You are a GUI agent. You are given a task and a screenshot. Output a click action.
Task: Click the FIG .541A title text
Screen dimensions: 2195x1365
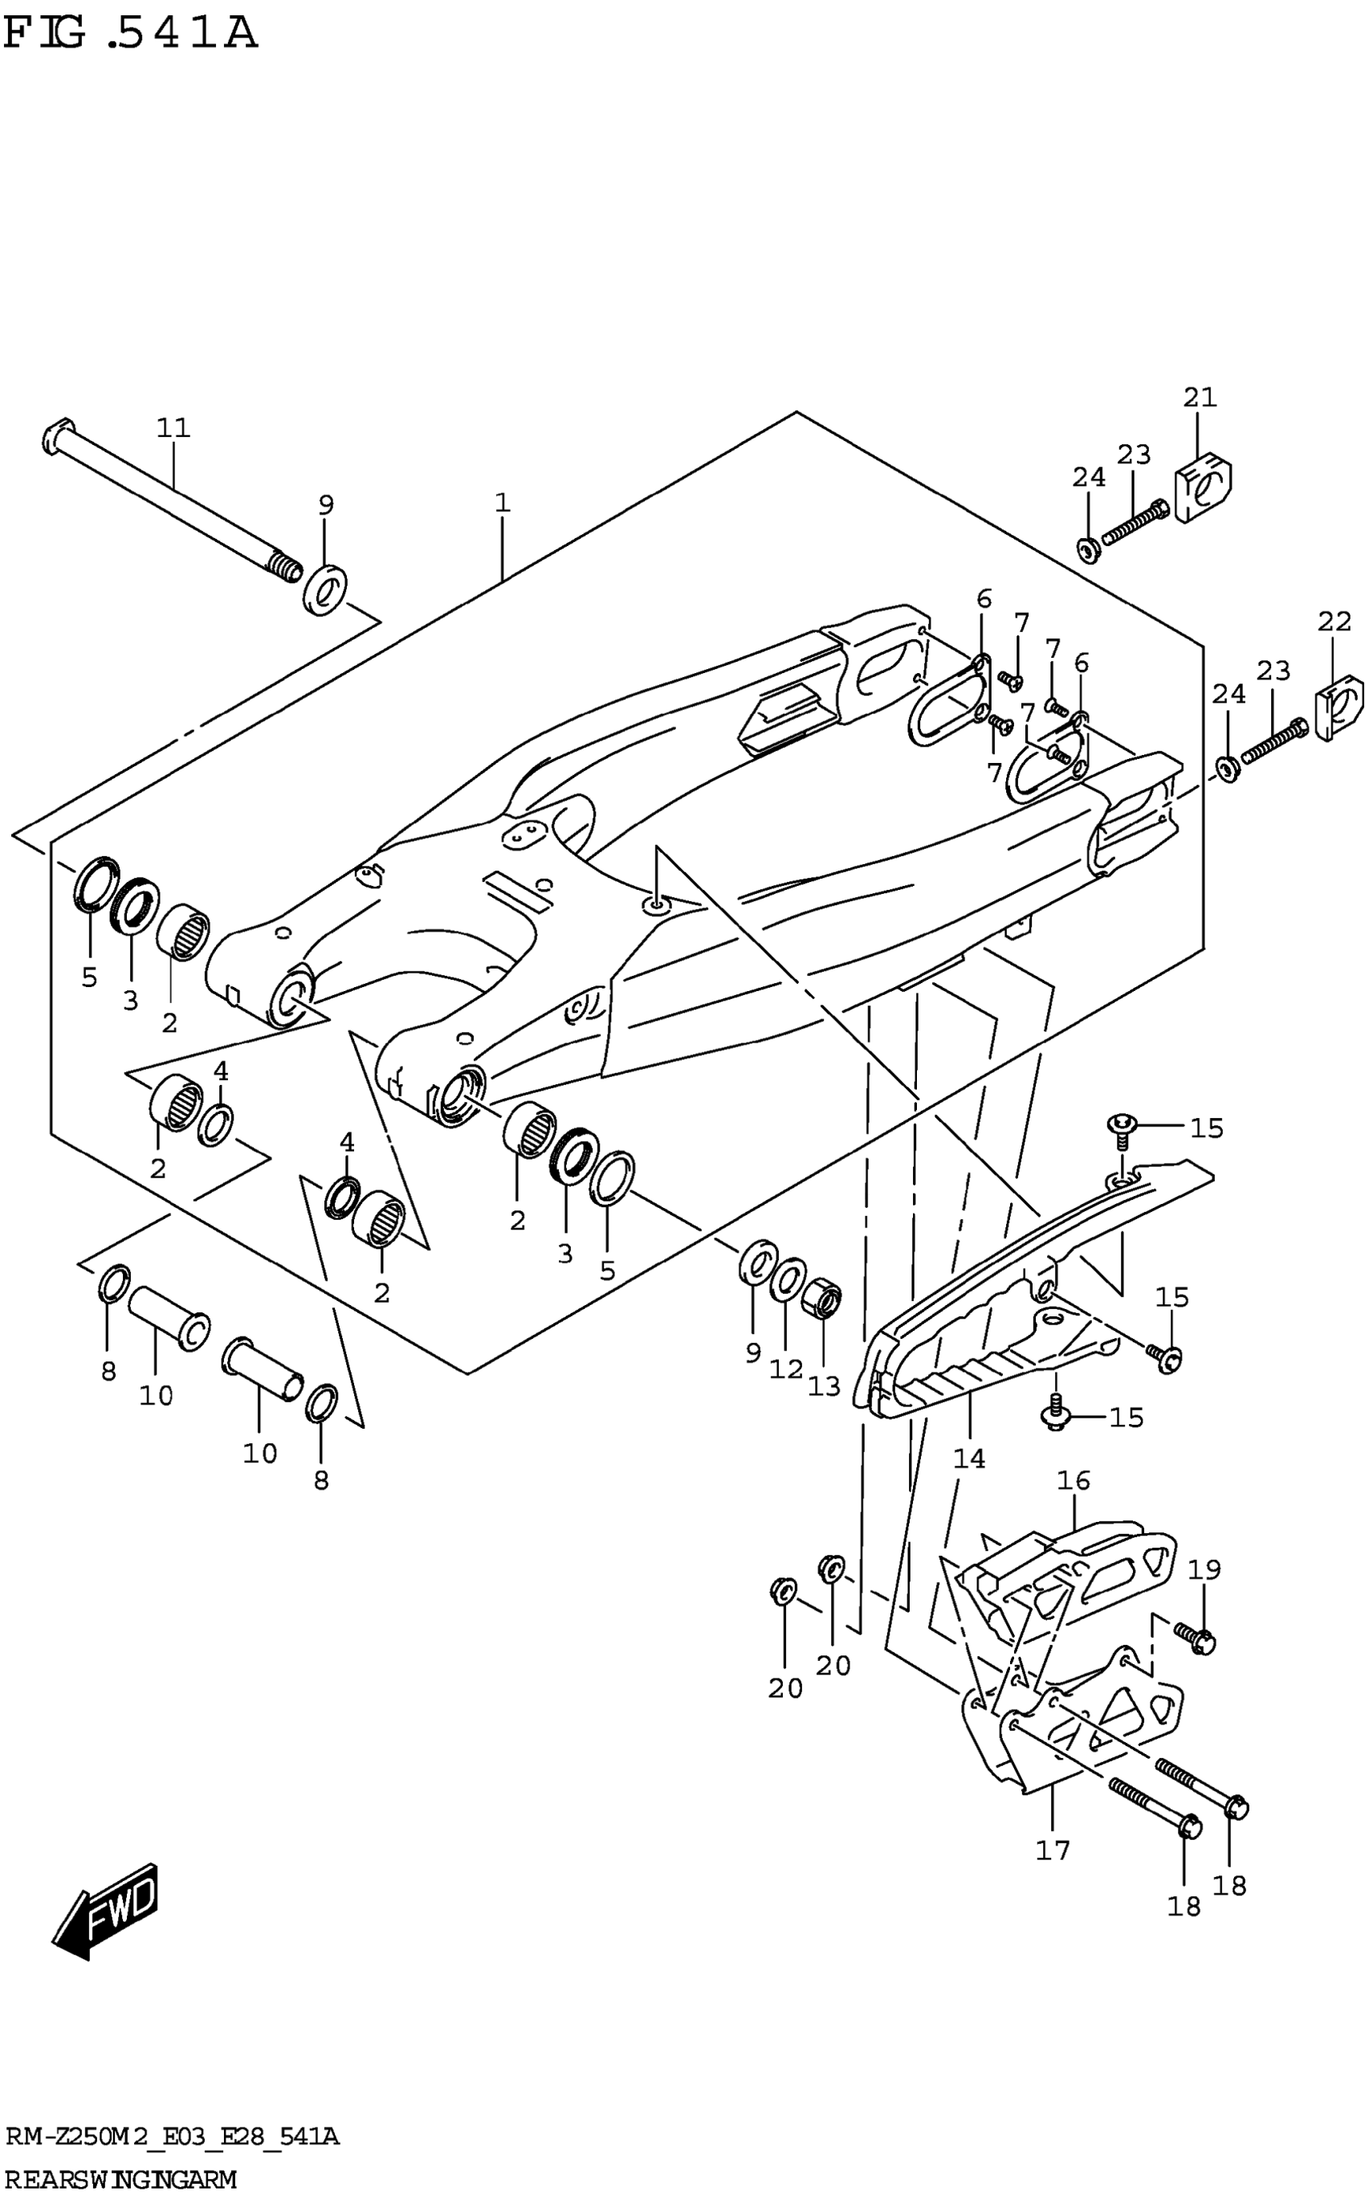tap(131, 34)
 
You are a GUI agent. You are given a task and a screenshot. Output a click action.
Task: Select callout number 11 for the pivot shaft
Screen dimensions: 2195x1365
tap(173, 427)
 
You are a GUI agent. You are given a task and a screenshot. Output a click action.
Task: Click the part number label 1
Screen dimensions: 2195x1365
tap(502, 503)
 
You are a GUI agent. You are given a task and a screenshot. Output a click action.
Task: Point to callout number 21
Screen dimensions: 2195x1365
tap(1200, 398)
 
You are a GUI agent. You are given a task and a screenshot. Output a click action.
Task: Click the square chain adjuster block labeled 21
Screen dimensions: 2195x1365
tap(1204, 488)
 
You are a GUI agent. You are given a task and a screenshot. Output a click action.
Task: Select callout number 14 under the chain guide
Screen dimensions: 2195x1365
tap(968, 1458)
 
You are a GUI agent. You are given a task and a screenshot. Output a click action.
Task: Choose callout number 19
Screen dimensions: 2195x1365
tap(1204, 1569)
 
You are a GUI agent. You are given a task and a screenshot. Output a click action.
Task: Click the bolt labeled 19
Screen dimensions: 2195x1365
tap(1196, 1636)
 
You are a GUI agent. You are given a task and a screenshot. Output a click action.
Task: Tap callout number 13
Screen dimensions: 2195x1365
tap(823, 1385)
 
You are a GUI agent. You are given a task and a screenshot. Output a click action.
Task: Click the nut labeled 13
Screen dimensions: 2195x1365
tap(821, 1301)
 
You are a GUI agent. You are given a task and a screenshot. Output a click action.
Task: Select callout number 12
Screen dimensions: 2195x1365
tap(785, 1369)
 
